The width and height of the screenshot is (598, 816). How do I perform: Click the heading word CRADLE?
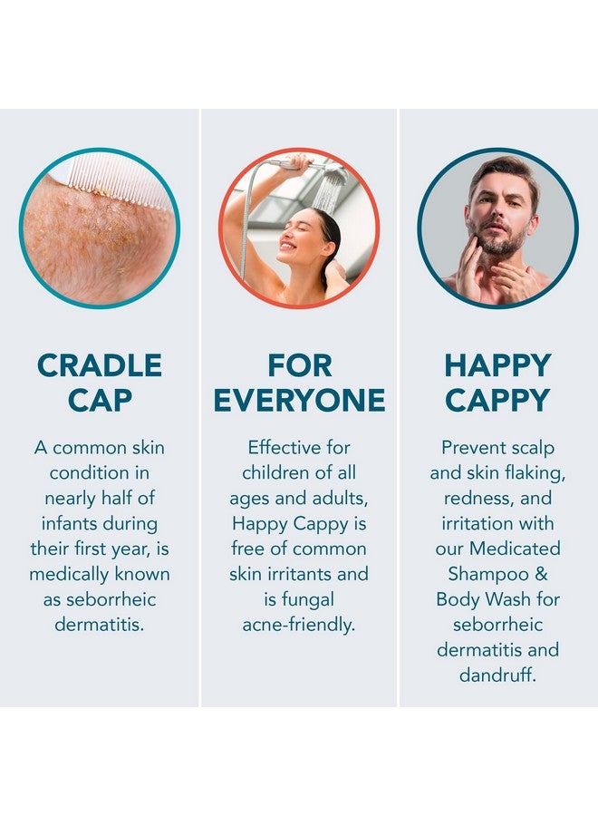100,365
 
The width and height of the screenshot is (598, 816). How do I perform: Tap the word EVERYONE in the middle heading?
299,400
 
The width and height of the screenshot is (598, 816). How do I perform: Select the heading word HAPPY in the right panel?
497,365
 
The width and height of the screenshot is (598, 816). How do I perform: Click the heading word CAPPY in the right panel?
497,400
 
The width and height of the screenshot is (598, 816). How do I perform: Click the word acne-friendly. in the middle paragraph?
299,625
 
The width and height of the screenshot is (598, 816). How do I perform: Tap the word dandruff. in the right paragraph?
497,675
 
